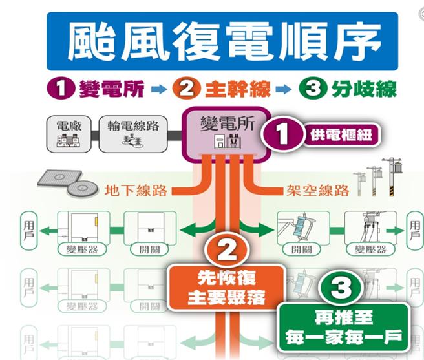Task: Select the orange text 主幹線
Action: [x=230, y=89]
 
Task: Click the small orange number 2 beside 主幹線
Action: [x=187, y=89]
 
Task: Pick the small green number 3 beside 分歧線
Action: [x=312, y=89]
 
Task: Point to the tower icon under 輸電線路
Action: [x=133, y=142]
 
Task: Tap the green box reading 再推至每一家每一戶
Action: [x=343, y=327]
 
